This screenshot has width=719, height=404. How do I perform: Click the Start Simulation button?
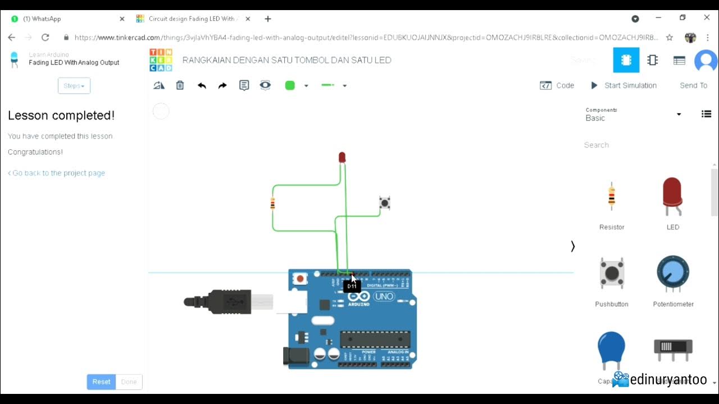tap(624, 85)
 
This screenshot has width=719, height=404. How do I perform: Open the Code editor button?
tap(557, 85)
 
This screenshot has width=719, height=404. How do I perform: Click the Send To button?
tap(693, 85)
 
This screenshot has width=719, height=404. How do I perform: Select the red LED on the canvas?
tap(342, 157)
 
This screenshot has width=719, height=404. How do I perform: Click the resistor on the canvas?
tap(272, 203)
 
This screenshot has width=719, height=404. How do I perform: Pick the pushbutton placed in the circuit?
tap(384, 203)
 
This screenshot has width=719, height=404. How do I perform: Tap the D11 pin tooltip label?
tap(352, 286)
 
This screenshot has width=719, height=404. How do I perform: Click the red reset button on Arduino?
tap(300, 278)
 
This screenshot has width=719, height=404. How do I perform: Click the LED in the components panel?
tap(672, 196)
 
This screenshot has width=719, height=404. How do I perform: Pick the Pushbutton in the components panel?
tap(612, 273)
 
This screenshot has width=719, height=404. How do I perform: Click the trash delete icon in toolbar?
tap(180, 85)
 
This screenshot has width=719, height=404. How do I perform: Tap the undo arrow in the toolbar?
tap(202, 85)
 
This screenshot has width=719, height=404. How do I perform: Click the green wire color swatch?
tap(290, 85)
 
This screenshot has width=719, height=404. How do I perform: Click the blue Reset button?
tap(101, 382)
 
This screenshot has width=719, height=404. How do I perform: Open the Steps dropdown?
tap(74, 86)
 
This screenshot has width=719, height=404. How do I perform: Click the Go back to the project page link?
tap(57, 173)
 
